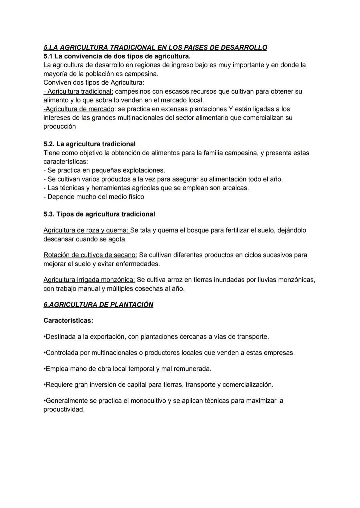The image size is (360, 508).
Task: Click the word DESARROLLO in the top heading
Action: point(244,48)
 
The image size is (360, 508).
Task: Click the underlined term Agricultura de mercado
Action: point(80,109)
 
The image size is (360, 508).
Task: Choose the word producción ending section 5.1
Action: point(60,127)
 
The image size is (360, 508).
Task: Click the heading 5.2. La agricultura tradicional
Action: point(89,144)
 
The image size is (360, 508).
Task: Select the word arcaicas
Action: point(236,188)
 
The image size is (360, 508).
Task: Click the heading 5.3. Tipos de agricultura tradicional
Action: point(99,214)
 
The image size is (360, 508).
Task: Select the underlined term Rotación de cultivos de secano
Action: point(90,255)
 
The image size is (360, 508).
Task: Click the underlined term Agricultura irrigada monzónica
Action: point(89,279)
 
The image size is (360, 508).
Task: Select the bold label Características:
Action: point(68,320)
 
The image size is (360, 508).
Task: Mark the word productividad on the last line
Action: point(63,409)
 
